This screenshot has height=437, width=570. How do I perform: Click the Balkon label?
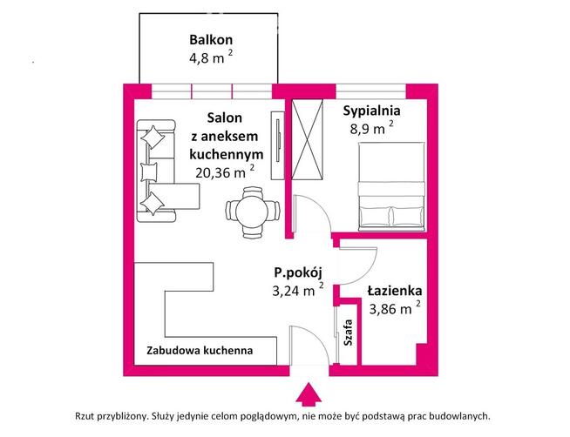212,40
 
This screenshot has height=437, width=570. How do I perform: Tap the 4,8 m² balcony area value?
209,60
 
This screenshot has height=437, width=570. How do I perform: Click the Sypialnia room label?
371,111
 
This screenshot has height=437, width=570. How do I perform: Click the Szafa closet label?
349,333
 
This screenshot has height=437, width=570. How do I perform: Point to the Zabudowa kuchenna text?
200,351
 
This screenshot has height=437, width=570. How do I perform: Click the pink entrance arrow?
307,397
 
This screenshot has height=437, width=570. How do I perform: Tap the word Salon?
224,118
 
